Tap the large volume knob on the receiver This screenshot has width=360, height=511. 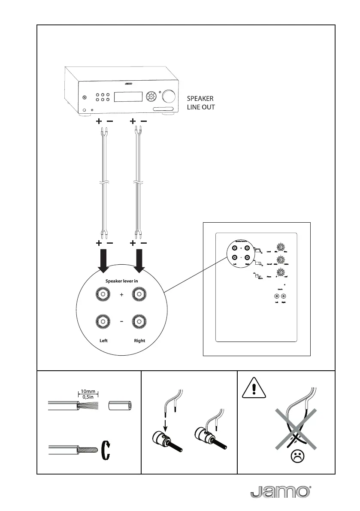168,96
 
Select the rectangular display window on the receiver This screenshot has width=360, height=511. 127,96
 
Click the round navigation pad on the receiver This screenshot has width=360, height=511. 150,96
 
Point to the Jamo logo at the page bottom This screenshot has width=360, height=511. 279,492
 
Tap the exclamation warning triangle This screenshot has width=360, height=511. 254,390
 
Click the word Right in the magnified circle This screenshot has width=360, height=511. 139,341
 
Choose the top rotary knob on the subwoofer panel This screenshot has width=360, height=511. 280,247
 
